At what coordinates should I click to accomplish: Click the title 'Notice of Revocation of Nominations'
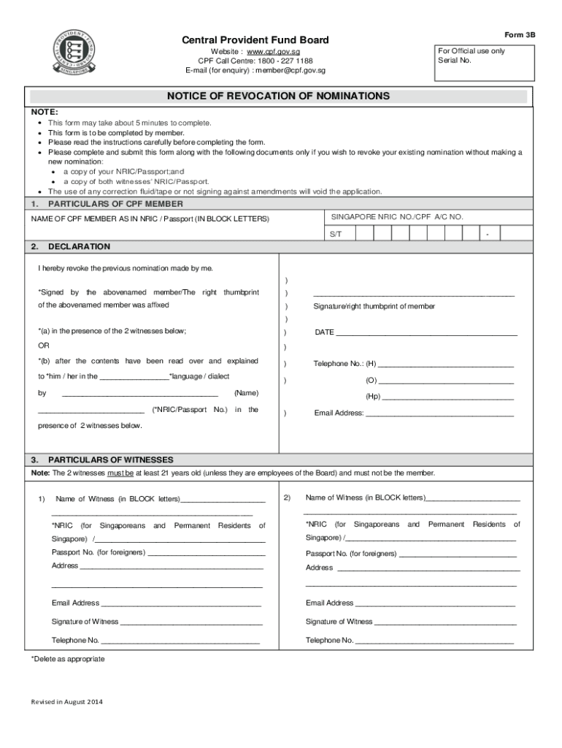[278, 96]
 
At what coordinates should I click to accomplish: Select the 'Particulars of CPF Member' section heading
[115, 204]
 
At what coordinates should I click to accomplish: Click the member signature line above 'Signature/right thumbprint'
[414, 294]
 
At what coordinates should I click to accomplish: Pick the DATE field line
[426, 334]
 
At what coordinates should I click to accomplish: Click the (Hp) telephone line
[448, 399]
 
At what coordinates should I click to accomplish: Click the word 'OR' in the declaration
[44, 346]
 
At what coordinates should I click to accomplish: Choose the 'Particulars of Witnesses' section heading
[110, 459]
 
